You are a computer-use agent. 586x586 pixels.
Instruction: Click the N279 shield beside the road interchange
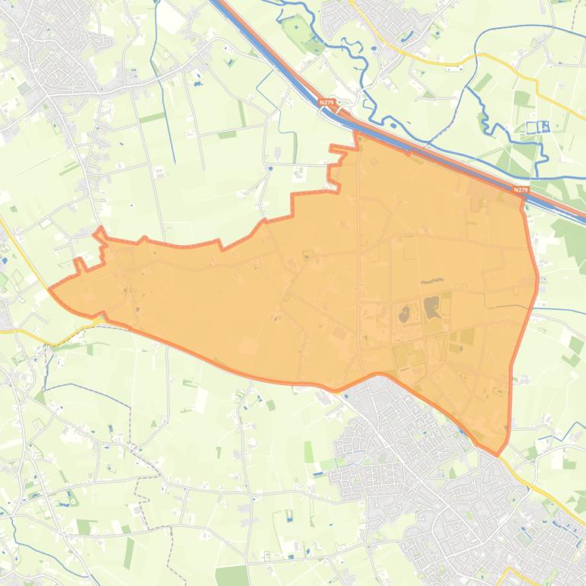326,102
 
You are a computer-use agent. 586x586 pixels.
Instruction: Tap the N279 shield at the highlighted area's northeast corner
521,190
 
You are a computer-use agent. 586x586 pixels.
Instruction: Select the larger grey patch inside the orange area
432,307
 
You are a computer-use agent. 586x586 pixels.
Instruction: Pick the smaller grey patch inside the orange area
403,313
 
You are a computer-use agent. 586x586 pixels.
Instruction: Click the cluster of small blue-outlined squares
537,127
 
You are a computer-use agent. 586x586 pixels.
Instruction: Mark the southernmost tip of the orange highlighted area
498,455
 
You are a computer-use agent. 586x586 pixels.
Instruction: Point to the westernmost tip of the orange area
49,289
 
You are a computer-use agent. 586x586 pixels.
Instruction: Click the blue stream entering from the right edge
563,311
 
